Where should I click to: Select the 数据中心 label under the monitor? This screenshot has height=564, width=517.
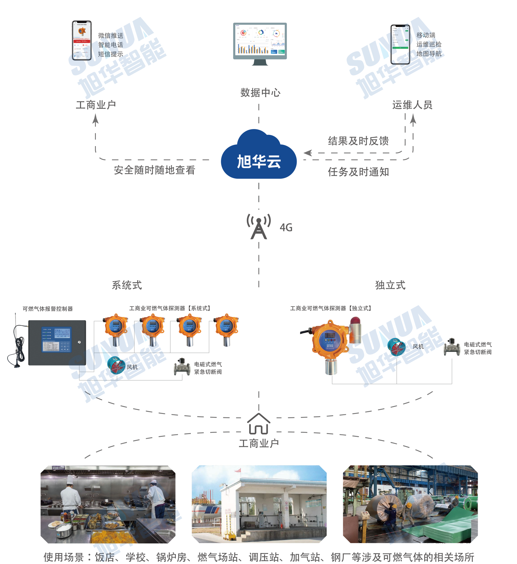[260, 93]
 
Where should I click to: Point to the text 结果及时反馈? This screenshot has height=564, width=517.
[358, 141]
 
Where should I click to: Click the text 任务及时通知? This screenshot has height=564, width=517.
[358, 172]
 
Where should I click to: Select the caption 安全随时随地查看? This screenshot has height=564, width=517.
[154, 170]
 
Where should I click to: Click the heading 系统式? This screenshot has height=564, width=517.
[127, 285]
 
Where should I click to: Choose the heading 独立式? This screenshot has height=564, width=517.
[390, 285]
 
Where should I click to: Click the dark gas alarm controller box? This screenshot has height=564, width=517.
[57, 343]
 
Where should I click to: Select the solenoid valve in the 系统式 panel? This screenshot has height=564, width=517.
[182, 367]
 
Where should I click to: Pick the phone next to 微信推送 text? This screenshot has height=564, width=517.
[82, 40]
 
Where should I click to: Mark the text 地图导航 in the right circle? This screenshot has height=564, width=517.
[429, 54]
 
